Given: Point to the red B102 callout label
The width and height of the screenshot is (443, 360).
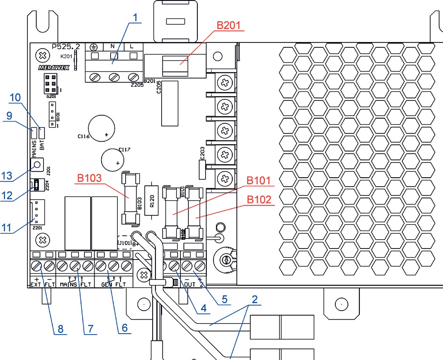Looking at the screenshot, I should tap(259, 200).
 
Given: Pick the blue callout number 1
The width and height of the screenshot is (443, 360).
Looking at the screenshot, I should tap(135, 18).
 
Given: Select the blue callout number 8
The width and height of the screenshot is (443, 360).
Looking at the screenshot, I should tap(60, 329).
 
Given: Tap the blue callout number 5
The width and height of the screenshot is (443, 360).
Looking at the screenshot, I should tap(224, 299).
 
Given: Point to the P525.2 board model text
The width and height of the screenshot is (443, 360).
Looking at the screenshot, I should tap(66, 46).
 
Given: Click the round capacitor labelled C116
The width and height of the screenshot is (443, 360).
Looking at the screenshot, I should tap(102, 129).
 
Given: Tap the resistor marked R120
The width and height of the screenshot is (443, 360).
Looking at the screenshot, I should tap(153, 200).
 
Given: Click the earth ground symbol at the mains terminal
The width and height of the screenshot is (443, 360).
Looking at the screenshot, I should tap(93, 47).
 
